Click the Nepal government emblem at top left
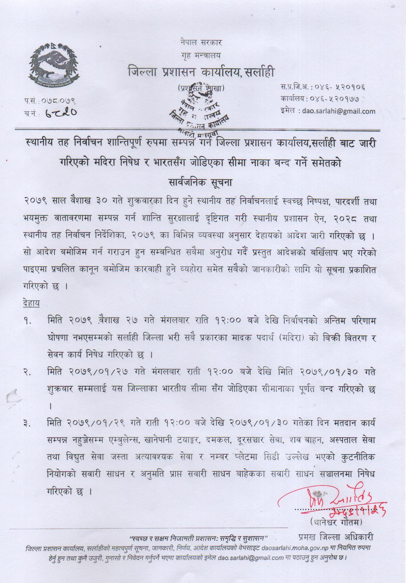tap(52, 66)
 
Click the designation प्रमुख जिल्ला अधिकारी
tap(336, 537)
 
